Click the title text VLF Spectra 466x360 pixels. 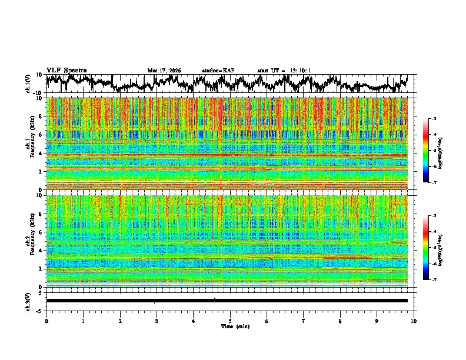click(x=66, y=70)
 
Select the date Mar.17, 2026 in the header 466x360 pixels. click(x=164, y=71)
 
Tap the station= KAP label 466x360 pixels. click(x=218, y=71)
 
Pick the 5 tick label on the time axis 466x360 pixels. click(x=230, y=321)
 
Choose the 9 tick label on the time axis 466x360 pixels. click(x=377, y=321)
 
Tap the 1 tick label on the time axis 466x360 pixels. click(x=84, y=321)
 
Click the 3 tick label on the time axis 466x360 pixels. click(x=157, y=321)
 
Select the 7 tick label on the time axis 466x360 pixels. click(x=304, y=321)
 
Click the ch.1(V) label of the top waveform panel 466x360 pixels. click(x=29, y=84)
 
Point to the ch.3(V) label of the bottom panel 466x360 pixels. click(x=29, y=300)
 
